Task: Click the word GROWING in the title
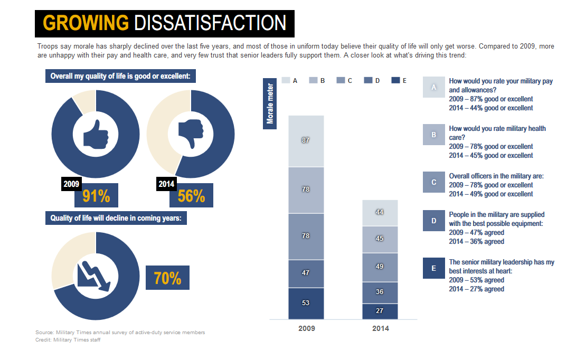(86, 23)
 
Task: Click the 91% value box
(96, 196)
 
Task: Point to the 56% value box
(191, 196)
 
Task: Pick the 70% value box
(167, 278)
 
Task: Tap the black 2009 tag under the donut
(71, 184)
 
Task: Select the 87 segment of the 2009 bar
(306, 140)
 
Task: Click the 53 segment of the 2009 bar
(306, 303)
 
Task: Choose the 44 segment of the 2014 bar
(380, 212)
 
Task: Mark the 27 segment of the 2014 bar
(380, 311)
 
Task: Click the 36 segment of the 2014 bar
(380, 292)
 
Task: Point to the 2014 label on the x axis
(380, 328)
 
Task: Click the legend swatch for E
(395, 80)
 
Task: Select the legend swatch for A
(286, 80)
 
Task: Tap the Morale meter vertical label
(270, 103)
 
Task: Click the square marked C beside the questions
(433, 182)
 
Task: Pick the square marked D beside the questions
(433, 221)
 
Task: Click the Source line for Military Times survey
(120, 333)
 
